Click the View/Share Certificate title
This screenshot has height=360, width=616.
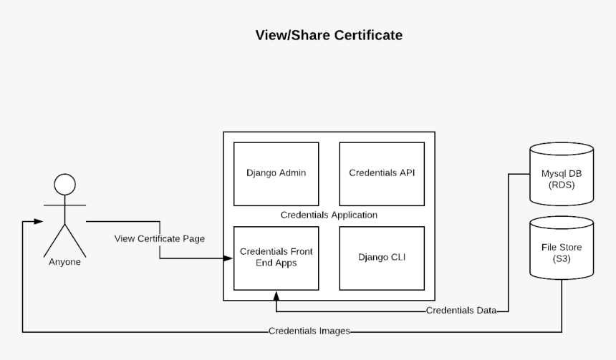[329, 35]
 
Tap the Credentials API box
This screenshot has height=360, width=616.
[382, 173]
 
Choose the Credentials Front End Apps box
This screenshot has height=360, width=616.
[276, 258]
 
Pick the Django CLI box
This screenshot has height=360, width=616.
[382, 258]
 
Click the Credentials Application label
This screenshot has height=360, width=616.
[329, 215]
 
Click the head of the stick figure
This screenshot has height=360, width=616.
[65, 185]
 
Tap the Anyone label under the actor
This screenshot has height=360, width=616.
[64, 262]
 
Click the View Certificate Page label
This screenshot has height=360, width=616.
[160, 238]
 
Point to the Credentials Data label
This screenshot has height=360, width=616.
[461, 311]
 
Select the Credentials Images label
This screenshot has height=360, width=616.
[309, 331]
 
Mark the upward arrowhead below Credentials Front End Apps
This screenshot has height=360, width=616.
[276, 294]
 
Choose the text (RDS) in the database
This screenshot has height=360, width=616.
[561, 185]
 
